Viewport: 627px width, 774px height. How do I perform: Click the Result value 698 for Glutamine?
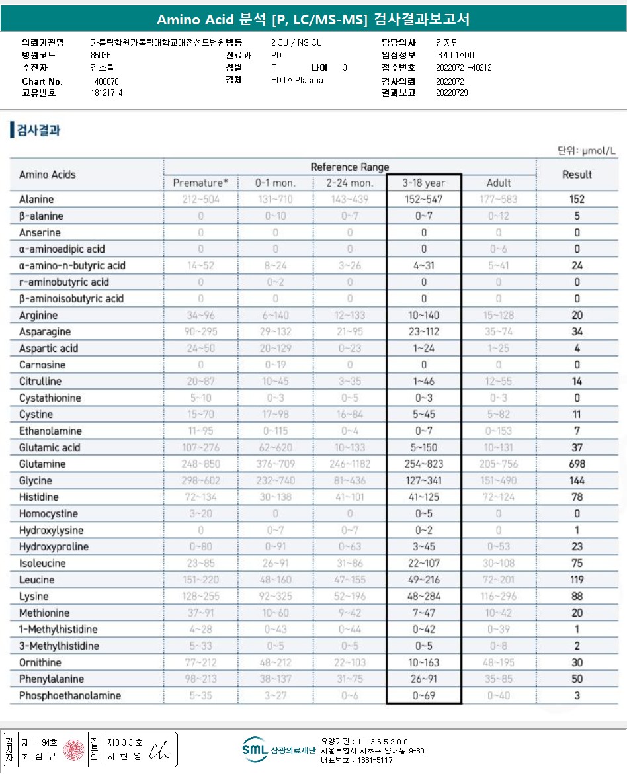[577, 464]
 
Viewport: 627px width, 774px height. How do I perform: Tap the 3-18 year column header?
[424, 183]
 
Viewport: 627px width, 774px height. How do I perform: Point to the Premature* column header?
[200, 183]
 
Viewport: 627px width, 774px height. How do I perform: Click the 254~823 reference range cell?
[424, 464]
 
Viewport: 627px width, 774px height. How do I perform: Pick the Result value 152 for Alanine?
[577, 200]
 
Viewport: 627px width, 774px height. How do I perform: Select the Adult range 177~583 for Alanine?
[499, 200]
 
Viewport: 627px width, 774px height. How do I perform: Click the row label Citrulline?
[40, 382]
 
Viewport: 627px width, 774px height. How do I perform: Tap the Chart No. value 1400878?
[104, 81]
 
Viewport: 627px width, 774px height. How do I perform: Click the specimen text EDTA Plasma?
[297, 80]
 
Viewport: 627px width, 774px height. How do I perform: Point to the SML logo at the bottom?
[255, 749]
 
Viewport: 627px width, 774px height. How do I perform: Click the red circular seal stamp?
[73, 750]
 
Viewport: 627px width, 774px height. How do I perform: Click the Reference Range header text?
[349, 167]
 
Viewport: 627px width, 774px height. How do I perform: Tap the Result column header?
[577, 175]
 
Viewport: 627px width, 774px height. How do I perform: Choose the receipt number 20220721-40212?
[464, 67]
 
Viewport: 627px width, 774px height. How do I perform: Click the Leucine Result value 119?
[577, 580]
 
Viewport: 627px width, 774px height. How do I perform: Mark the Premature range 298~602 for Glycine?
[200, 481]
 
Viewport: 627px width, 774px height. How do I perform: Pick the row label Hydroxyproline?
[54, 547]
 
